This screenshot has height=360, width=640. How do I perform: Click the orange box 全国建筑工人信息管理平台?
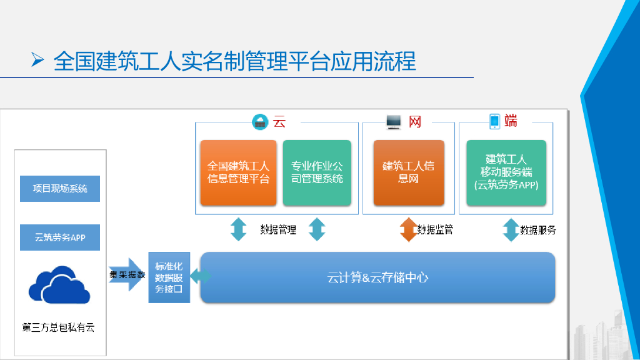click(x=238, y=173)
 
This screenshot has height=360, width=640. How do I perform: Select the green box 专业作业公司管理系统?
click(x=317, y=173)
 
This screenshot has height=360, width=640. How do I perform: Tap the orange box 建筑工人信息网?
click(x=408, y=173)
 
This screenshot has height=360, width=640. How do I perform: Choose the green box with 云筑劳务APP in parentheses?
click(x=506, y=173)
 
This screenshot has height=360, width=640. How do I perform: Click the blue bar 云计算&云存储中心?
click(x=377, y=277)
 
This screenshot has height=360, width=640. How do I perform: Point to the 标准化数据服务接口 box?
click(x=169, y=277)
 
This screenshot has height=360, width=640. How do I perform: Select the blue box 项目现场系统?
click(x=60, y=189)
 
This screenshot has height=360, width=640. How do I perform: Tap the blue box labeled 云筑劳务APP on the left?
click(x=60, y=237)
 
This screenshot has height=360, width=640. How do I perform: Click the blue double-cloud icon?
click(x=60, y=284)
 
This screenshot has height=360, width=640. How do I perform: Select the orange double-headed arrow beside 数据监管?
click(x=408, y=229)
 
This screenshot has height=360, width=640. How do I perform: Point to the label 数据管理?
click(x=278, y=229)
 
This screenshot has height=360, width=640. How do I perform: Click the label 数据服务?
click(x=538, y=230)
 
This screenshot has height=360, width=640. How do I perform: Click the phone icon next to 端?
click(x=494, y=121)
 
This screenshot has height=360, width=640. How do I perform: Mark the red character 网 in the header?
click(x=415, y=121)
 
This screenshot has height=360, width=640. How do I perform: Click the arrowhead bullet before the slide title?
click(x=37, y=61)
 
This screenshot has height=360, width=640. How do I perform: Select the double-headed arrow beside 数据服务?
click(x=511, y=229)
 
